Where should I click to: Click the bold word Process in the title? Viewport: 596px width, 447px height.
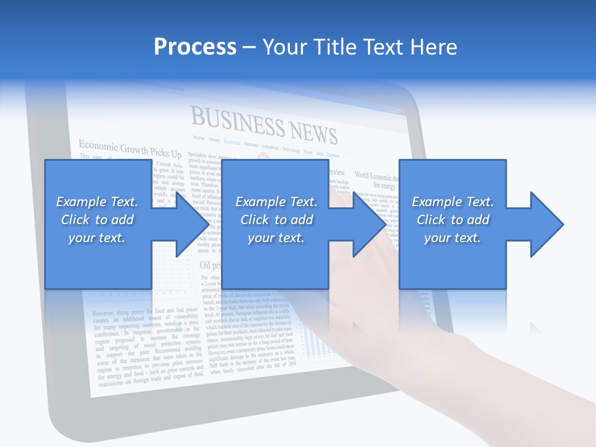195,47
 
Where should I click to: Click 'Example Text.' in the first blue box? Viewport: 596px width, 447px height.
97,202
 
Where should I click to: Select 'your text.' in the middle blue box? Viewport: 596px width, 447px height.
276,238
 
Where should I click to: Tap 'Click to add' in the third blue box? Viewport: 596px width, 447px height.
453,220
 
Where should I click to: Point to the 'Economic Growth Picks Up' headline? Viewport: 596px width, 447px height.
130,150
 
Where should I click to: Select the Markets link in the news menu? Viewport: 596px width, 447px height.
251,144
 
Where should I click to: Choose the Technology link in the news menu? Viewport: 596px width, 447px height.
291,150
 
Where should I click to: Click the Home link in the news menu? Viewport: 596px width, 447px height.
198,137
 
